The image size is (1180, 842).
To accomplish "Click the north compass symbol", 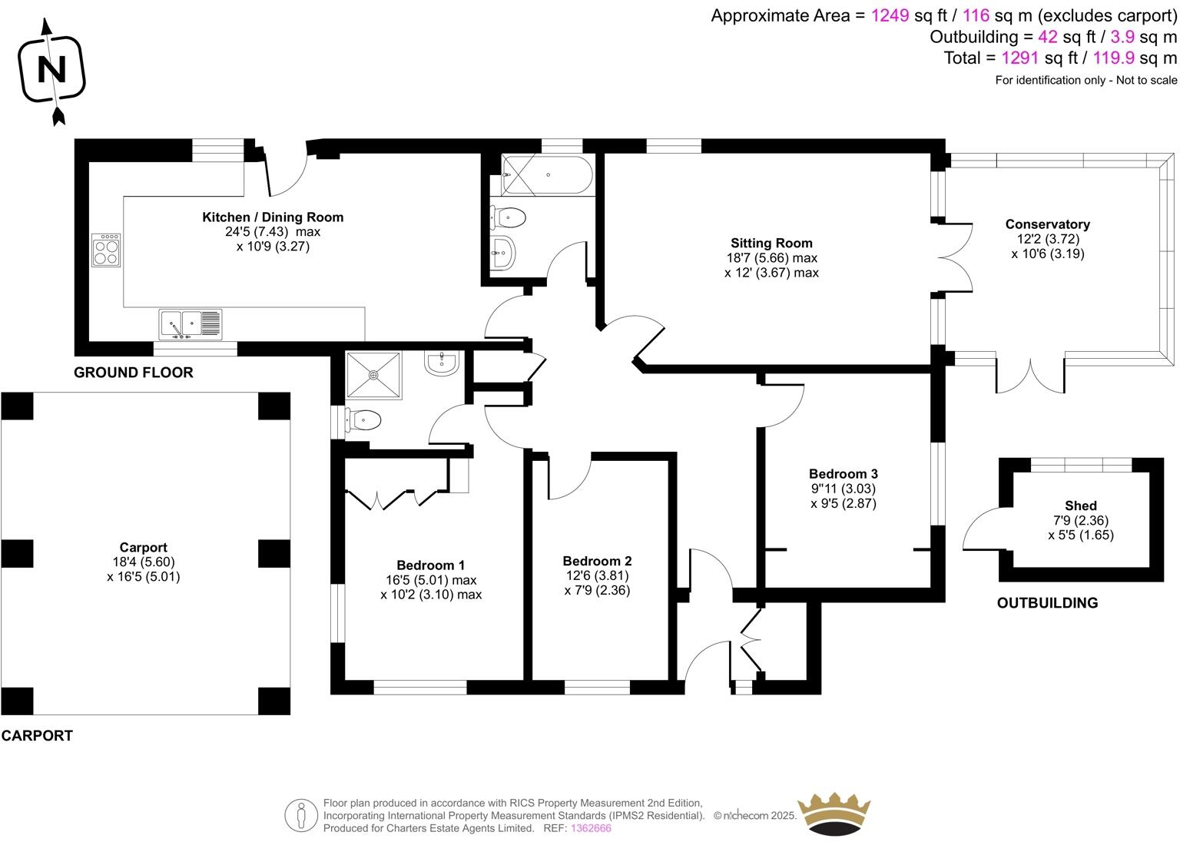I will coord(52,70).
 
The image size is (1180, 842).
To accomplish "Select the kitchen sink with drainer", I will coord(191,324).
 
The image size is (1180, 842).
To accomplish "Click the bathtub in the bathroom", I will coord(546,175).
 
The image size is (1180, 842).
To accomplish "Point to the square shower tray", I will coord(373,376).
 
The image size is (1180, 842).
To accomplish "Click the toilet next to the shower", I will coord(363,420).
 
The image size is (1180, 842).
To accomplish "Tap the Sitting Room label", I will coord(771,244).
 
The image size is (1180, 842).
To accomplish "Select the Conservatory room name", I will coord(1047,224).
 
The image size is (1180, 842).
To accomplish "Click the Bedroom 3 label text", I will coord(843,474).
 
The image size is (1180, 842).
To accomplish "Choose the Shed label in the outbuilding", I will coord(1080,506).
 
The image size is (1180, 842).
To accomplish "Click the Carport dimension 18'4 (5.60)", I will coord(144,562).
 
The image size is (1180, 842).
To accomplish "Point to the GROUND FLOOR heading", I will coord(134,373).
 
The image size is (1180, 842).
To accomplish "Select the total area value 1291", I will coord(1019,58).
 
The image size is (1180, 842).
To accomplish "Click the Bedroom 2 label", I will coord(597,561).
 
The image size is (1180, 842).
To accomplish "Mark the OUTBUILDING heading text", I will coord(1047,603).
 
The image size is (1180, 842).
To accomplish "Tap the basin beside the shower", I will coord(442,363).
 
